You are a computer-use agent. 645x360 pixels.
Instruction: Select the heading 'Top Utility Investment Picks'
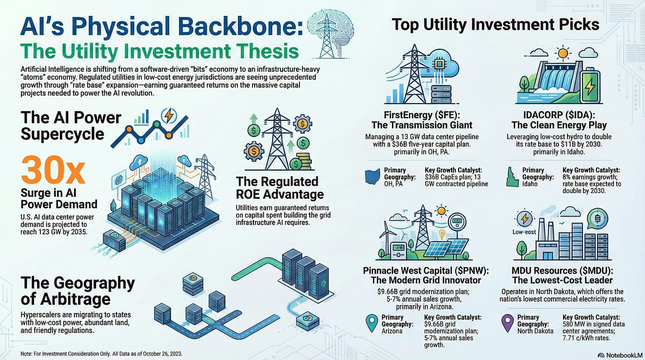pyautogui.click(x=495, y=24)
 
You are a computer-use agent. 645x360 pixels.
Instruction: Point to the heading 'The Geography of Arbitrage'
pyautogui.click(x=78, y=290)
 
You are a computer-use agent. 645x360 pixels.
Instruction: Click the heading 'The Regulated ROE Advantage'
pyautogui.click(x=280, y=188)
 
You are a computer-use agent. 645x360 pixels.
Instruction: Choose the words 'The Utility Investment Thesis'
pyautogui.click(x=160, y=52)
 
